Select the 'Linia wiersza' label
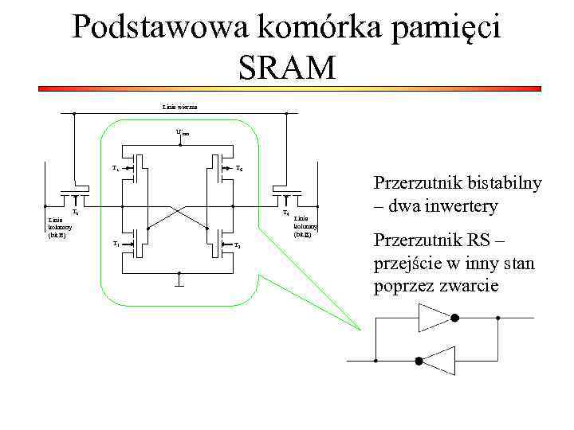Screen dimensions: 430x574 179,107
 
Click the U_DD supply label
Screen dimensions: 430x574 183,133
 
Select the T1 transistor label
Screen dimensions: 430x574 116,244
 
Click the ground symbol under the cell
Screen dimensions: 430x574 179,280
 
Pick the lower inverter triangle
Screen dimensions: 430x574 438,361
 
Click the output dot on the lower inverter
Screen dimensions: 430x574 417,361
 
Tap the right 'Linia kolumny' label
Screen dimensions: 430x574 306,226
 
